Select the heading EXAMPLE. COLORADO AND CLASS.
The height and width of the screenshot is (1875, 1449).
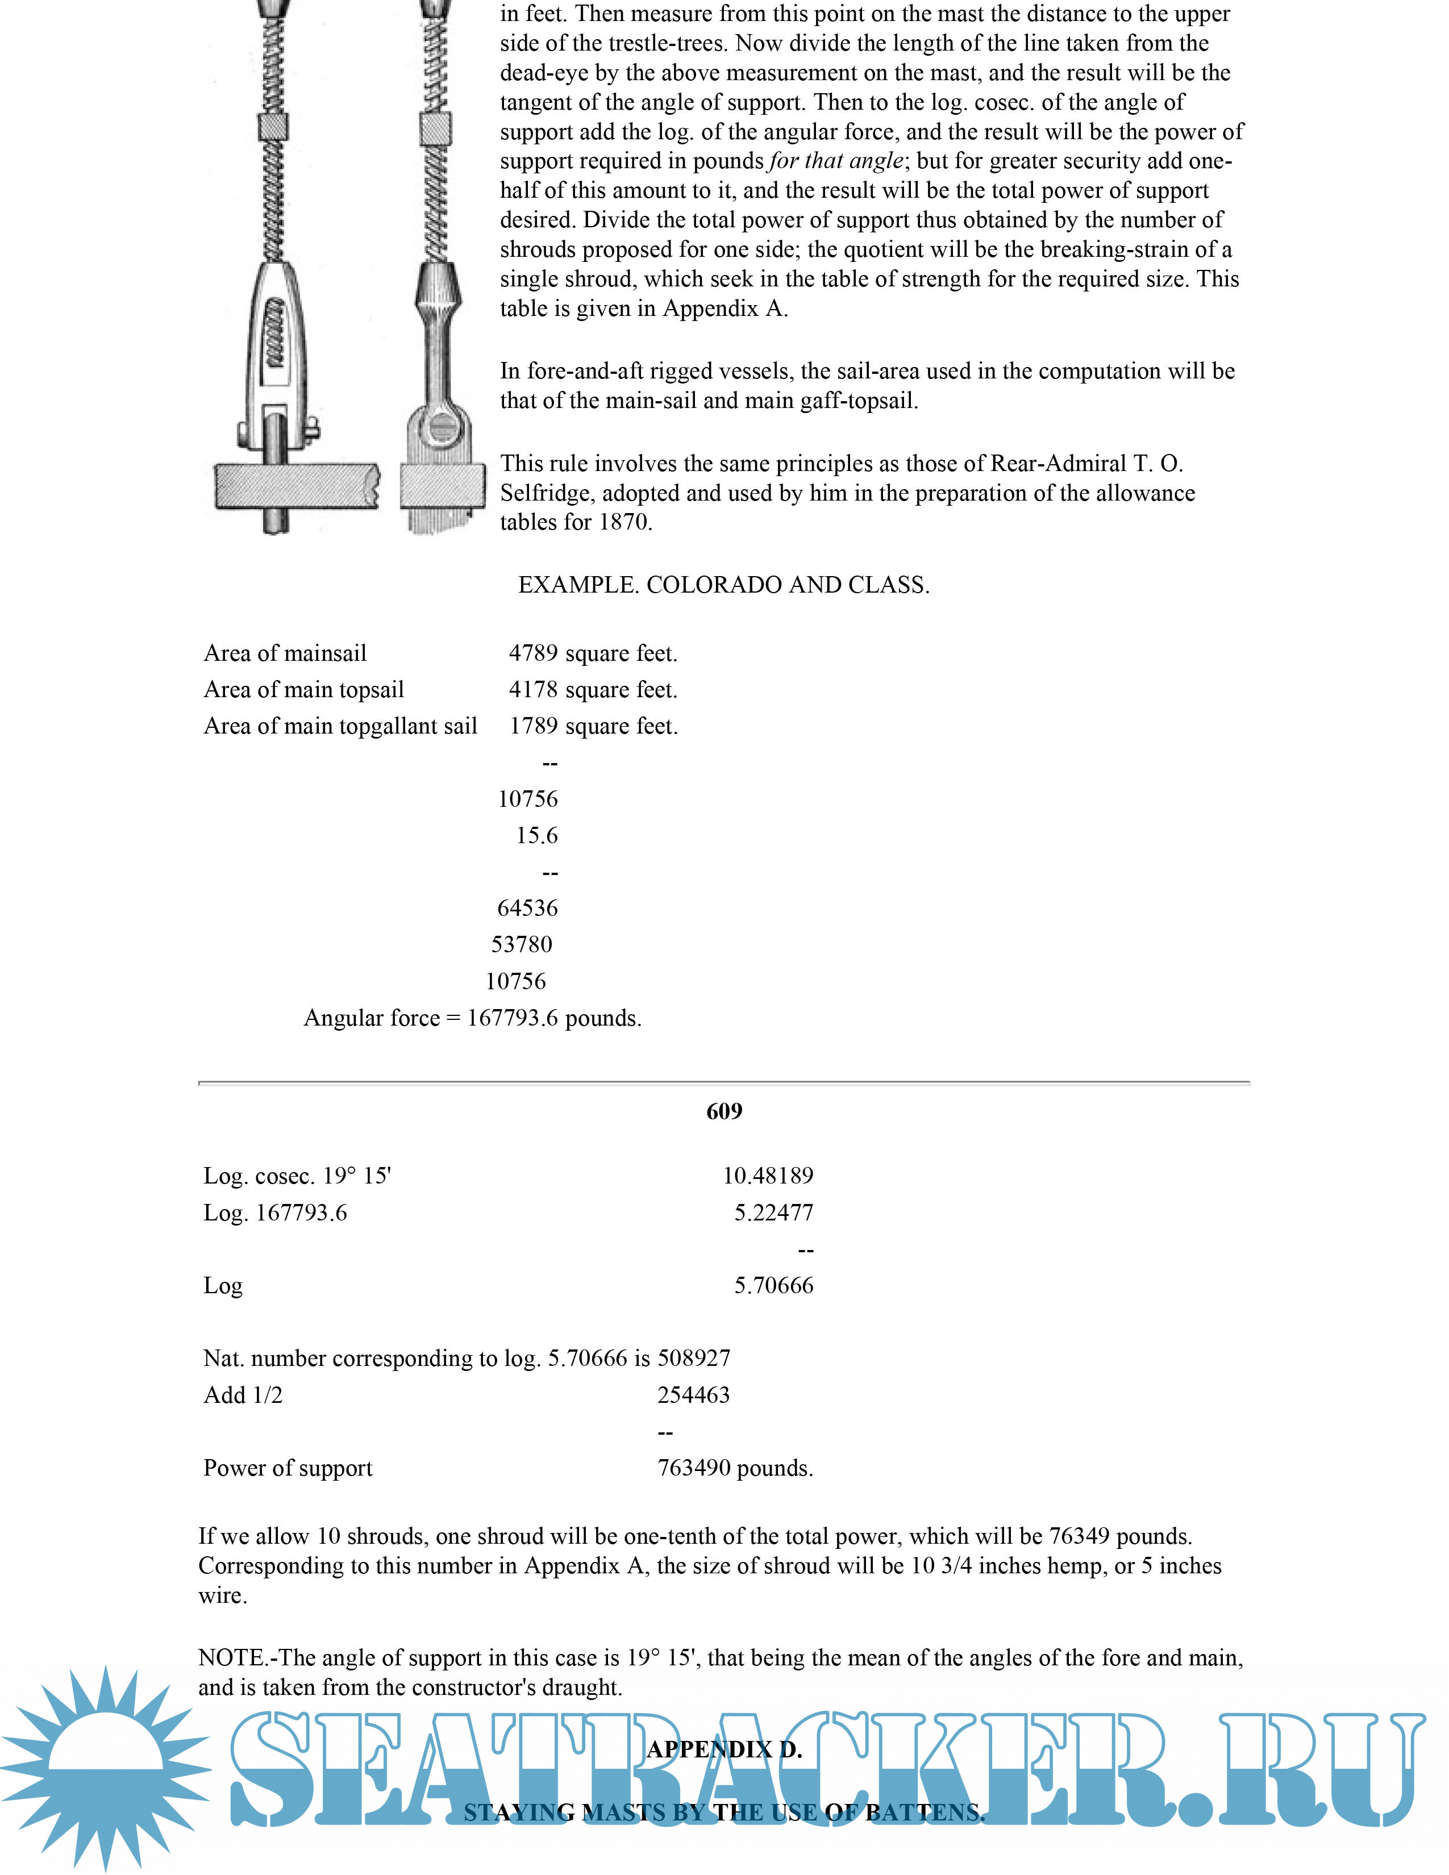(723, 585)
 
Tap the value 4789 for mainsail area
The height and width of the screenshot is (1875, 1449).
(533, 653)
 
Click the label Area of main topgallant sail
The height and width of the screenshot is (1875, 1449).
(340, 726)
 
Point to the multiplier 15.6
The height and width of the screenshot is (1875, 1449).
(536, 835)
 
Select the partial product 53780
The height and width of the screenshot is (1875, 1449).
(521, 944)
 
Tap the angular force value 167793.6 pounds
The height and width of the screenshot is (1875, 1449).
(553, 1018)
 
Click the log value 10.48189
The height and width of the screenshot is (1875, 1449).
(768, 1176)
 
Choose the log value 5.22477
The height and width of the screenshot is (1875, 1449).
(773, 1212)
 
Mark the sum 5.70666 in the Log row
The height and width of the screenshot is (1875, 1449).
(773, 1285)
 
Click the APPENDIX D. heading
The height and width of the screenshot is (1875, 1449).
(723, 1749)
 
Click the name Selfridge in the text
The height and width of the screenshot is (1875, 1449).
(547, 493)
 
